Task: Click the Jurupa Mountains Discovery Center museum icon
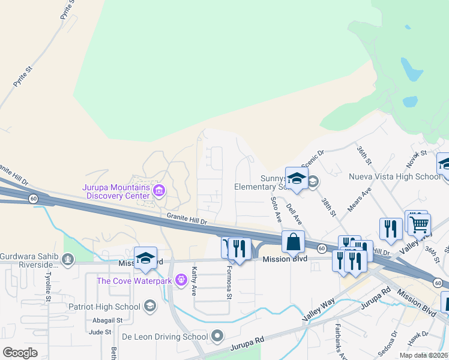[x=159, y=191]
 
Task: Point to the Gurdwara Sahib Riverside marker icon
[x=68, y=260]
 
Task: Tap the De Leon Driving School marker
[x=217, y=336]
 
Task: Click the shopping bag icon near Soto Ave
[x=294, y=242]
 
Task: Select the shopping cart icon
[x=420, y=224]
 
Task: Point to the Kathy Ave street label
[x=194, y=277]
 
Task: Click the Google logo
[x=20, y=352]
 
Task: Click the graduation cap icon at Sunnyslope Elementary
[x=297, y=178]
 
